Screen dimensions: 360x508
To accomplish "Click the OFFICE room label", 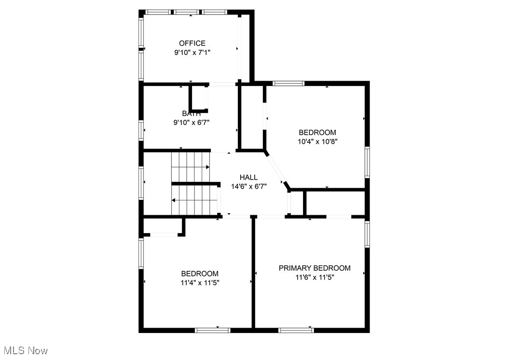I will tap(192, 43).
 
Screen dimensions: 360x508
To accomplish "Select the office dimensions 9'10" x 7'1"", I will tap(192, 52).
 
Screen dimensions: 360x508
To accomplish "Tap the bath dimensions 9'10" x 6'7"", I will tap(192, 123).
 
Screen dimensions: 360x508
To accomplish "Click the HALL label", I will tap(248, 177).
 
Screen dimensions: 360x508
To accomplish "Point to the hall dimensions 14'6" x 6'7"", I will tap(248, 186).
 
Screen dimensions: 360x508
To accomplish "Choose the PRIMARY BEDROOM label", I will tap(315, 268).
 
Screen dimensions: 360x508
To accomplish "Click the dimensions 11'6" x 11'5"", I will tap(315, 277).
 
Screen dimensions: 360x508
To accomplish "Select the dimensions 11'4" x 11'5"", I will tap(199, 282).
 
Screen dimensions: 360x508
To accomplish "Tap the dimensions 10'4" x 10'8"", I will tap(317, 141).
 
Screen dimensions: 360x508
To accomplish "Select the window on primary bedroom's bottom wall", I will tap(296, 330).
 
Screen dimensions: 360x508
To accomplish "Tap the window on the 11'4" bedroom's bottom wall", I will tap(212, 330).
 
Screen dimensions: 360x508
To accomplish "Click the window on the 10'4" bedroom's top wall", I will tap(288, 83).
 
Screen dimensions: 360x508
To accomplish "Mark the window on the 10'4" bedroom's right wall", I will tap(367, 162).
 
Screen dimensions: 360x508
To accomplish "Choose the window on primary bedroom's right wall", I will tap(367, 234).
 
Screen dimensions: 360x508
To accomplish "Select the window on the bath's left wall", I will tap(141, 129).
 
